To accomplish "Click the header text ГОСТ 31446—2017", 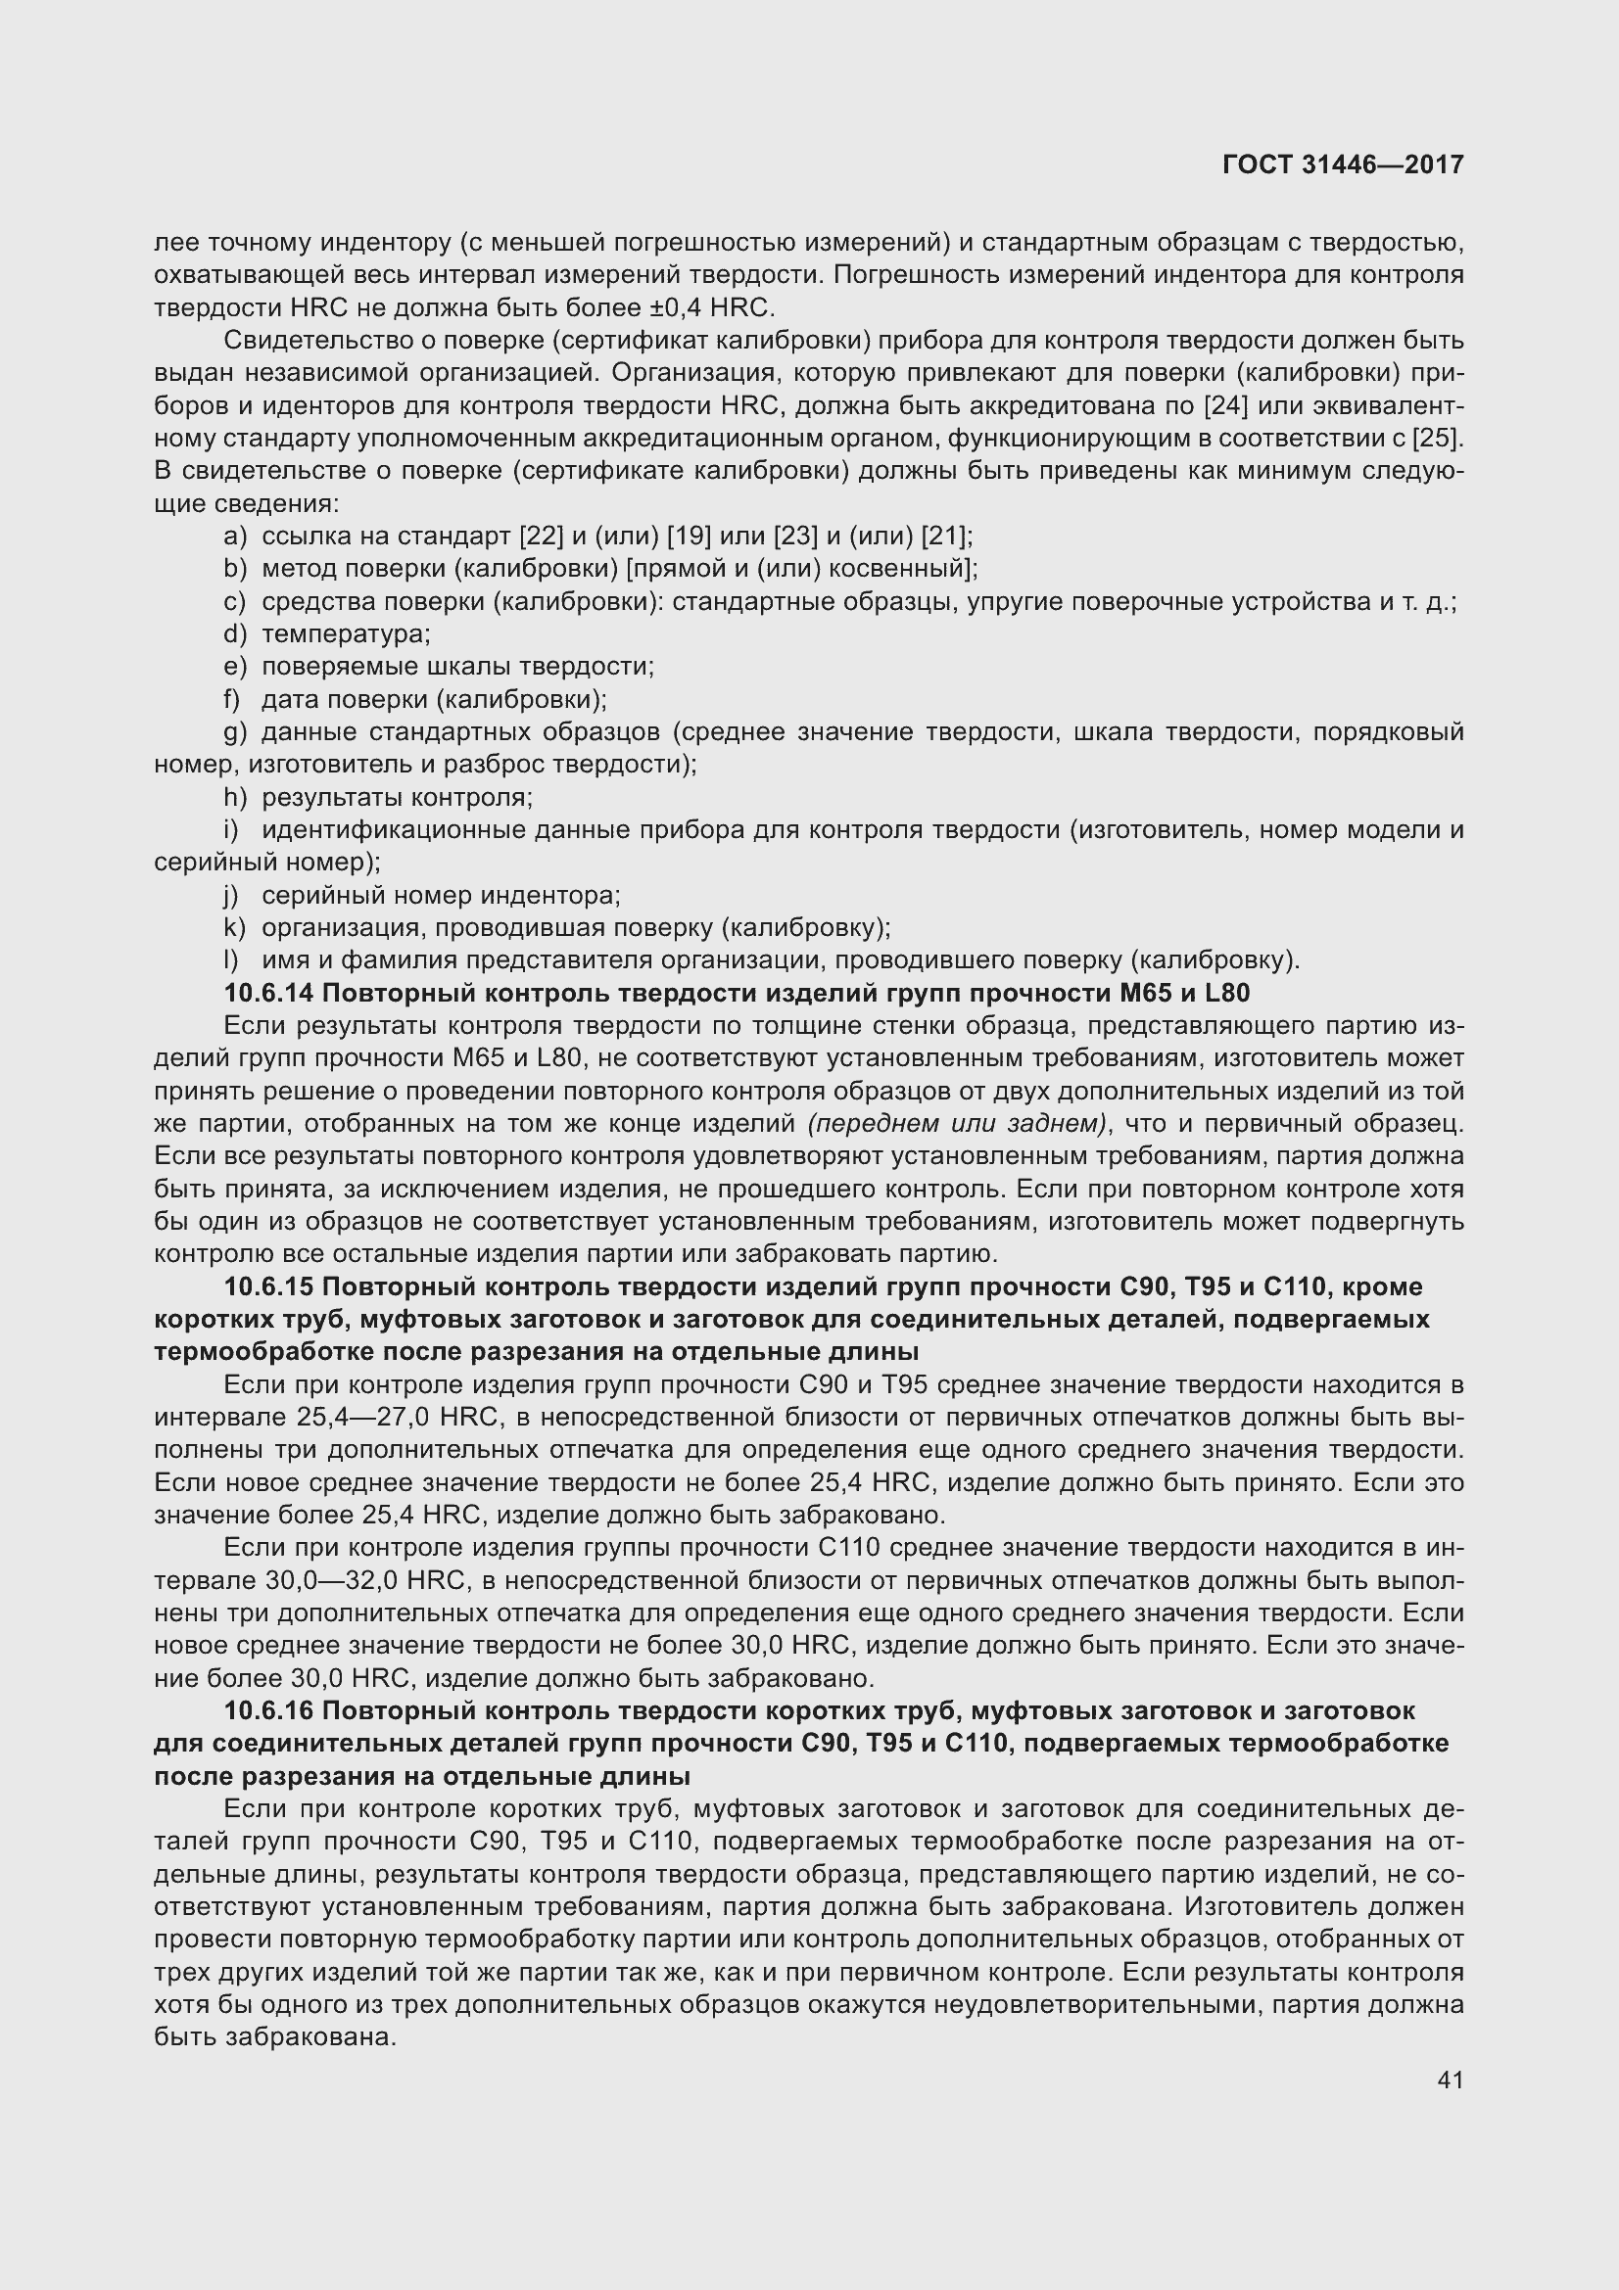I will click(1343, 165).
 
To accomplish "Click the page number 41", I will click(1451, 2080).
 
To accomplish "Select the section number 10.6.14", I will click(269, 994).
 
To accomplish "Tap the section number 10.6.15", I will click(269, 1286).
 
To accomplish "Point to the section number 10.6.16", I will click(269, 1710).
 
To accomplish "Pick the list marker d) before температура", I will click(234, 634).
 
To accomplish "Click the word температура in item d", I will click(345, 634).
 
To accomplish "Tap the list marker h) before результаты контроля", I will click(234, 798).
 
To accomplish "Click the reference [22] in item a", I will click(542, 537).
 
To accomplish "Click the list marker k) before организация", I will click(234, 927).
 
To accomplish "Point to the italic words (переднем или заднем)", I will click(958, 1124).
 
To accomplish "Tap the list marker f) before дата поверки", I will click(232, 699).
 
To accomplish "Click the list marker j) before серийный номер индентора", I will click(232, 896).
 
